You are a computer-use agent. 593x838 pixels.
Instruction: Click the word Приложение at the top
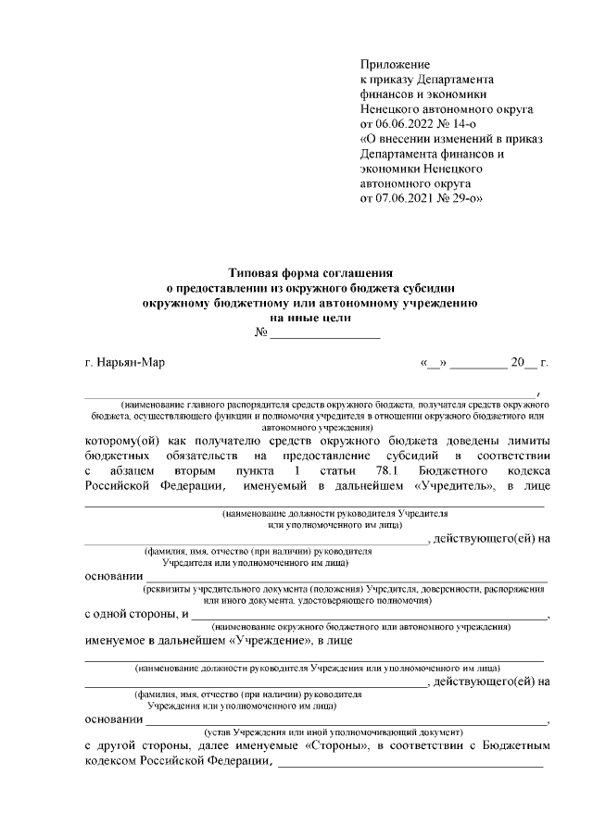(396, 65)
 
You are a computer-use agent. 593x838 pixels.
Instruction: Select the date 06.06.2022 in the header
(402, 124)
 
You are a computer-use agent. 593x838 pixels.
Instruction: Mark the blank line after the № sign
(325, 333)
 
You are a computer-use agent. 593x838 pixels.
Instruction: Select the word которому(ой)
(120, 441)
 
